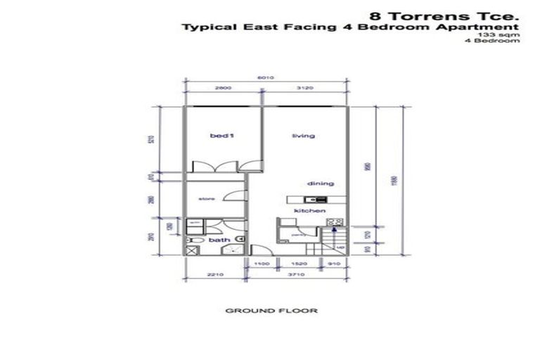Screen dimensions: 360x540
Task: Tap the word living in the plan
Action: tap(304, 136)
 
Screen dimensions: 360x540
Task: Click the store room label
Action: tap(205, 199)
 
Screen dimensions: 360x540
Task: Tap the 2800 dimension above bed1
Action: tap(223, 89)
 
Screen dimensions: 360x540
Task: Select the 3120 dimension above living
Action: tap(307, 89)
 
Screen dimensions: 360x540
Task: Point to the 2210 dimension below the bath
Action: tap(215, 276)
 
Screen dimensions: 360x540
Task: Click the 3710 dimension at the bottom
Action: tap(298, 276)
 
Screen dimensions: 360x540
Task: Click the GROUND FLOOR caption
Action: tap(271, 310)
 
